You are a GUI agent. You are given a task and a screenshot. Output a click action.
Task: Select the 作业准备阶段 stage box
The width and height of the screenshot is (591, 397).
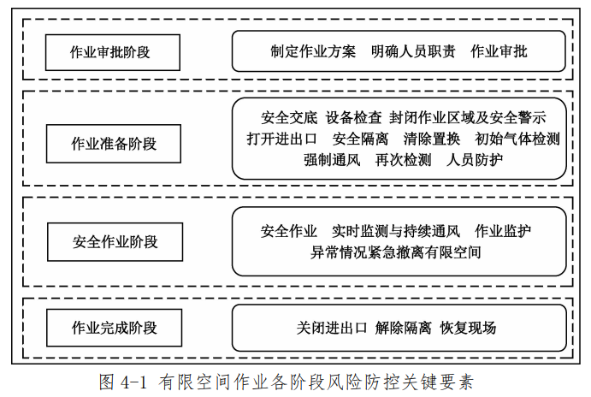tap(114, 143)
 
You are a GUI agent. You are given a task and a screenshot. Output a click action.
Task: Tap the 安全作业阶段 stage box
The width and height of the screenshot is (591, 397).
tap(115, 241)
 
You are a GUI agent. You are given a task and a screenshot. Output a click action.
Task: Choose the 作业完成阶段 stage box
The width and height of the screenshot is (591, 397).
tap(114, 328)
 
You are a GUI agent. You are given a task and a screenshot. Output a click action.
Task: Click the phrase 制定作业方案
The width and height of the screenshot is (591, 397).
tap(307, 51)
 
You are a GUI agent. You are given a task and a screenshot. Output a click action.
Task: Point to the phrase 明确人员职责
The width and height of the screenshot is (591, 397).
tap(406, 51)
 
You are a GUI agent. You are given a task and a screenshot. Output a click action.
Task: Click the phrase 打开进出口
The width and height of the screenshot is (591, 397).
tap(282, 139)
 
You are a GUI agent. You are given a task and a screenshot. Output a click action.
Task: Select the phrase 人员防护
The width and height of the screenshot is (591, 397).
tap(475, 160)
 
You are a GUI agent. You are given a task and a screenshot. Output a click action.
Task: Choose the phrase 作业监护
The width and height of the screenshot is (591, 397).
tap(503, 232)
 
